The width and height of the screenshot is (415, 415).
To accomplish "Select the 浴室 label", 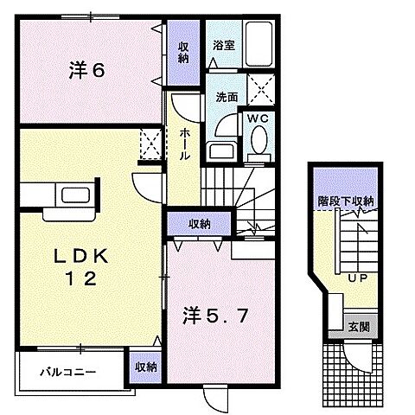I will tap(224, 46).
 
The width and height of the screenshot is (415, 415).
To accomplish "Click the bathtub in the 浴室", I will tap(258, 42).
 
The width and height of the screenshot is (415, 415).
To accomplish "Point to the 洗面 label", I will tap(227, 98).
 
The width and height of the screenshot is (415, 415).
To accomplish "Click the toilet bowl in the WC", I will tap(258, 142).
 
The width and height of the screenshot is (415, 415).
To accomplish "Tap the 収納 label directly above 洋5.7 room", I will tap(200, 224).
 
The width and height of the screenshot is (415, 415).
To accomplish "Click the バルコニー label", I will tap(67, 373).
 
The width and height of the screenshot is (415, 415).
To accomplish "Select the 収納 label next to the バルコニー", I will tap(145, 367).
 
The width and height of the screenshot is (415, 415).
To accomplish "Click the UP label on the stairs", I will tap(355, 278).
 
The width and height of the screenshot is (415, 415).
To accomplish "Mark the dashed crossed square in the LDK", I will tap(150, 144).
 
